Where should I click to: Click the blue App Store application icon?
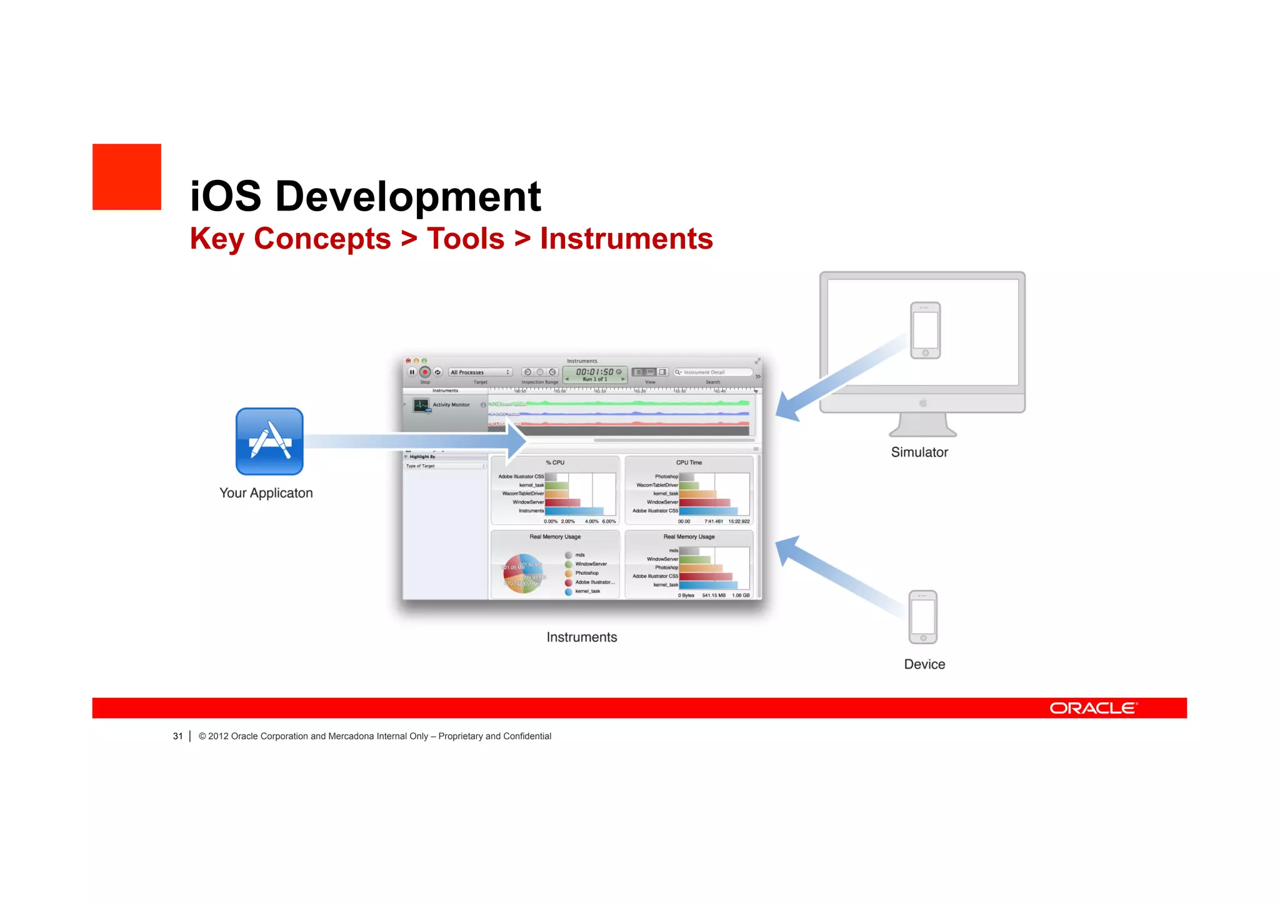pyautogui.click(x=269, y=441)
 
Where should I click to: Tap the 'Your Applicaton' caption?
pyautogui.click(x=266, y=493)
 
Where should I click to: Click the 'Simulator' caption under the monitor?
pyautogui.click(x=919, y=452)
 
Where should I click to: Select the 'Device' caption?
pyautogui.click(x=924, y=664)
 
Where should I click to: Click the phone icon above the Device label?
pyautogui.click(x=922, y=617)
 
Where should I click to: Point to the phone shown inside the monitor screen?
pyautogui.click(x=925, y=330)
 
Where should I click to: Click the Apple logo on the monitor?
pyautogui.click(x=922, y=403)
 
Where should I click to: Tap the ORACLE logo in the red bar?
pyautogui.click(x=1093, y=708)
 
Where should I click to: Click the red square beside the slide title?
pyautogui.click(x=127, y=177)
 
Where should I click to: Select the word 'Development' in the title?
pyautogui.click(x=407, y=196)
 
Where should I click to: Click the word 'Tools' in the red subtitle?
pyautogui.click(x=465, y=239)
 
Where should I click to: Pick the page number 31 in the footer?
pyautogui.click(x=177, y=736)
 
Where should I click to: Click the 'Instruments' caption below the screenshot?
pyautogui.click(x=581, y=637)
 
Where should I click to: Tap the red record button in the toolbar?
pyautogui.click(x=424, y=372)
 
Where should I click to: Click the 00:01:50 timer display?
pyautogui.click(x=594, y=372)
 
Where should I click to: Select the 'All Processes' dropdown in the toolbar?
pyautogui.click(x=480, y=372)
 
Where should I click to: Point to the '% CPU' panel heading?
pyautogui.click(x=555, y=463)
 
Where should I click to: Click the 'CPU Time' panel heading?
pyautogui.click(x=689, y=463)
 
